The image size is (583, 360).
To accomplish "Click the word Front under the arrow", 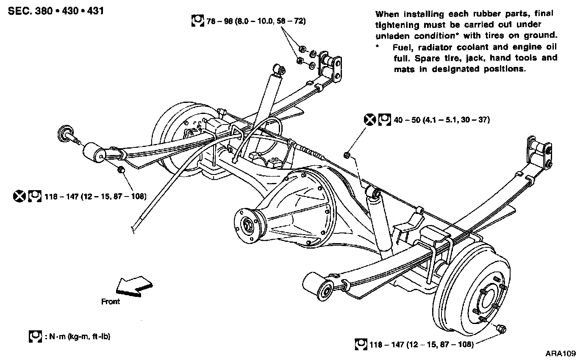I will coord(111,302).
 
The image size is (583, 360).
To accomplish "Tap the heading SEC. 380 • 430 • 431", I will coord(56,11).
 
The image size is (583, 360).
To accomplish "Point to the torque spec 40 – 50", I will coord(442,120).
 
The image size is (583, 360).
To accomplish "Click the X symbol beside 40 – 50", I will coord(370,120).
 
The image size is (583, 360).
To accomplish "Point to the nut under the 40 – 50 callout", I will coord(346,155).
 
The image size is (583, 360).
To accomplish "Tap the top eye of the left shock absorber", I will coord(278,69).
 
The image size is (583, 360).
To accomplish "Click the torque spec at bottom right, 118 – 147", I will coord(422,344).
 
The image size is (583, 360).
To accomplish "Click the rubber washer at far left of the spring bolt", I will coord(65,132).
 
